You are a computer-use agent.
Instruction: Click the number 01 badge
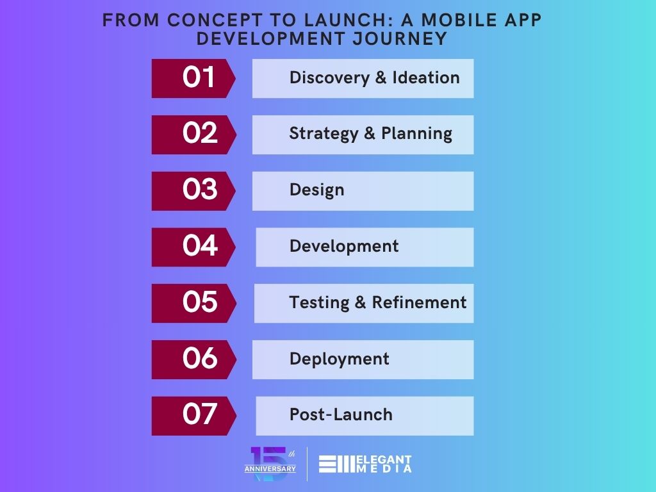tap(193, 78)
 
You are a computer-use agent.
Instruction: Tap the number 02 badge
tap(193, 135)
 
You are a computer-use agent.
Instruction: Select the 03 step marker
tap(193, 191)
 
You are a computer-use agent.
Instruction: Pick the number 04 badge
tap(193, 247)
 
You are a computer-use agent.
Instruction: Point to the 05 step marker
tap(193, 303)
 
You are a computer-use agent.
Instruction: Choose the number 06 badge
tap(193, 360)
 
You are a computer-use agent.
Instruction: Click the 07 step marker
tap(193, 416)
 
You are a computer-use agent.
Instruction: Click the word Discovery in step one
tap(330, 78)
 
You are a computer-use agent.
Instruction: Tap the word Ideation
tap(426, 78)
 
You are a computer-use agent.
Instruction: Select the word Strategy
tap(324, 135)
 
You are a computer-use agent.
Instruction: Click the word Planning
tap(416, 135)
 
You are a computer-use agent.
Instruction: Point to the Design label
tap(316, 190)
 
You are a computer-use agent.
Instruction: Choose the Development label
tap(344, 247)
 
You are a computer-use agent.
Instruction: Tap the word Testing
tap(319, 303)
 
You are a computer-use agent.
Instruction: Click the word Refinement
tap(419, 302)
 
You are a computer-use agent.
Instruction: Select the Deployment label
tap(340, 359)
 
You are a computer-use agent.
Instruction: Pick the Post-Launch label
tap(341, 414)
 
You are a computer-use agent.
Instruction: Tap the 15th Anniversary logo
tap(270, 464)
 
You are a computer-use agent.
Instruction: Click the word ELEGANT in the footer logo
tap(384, 460)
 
